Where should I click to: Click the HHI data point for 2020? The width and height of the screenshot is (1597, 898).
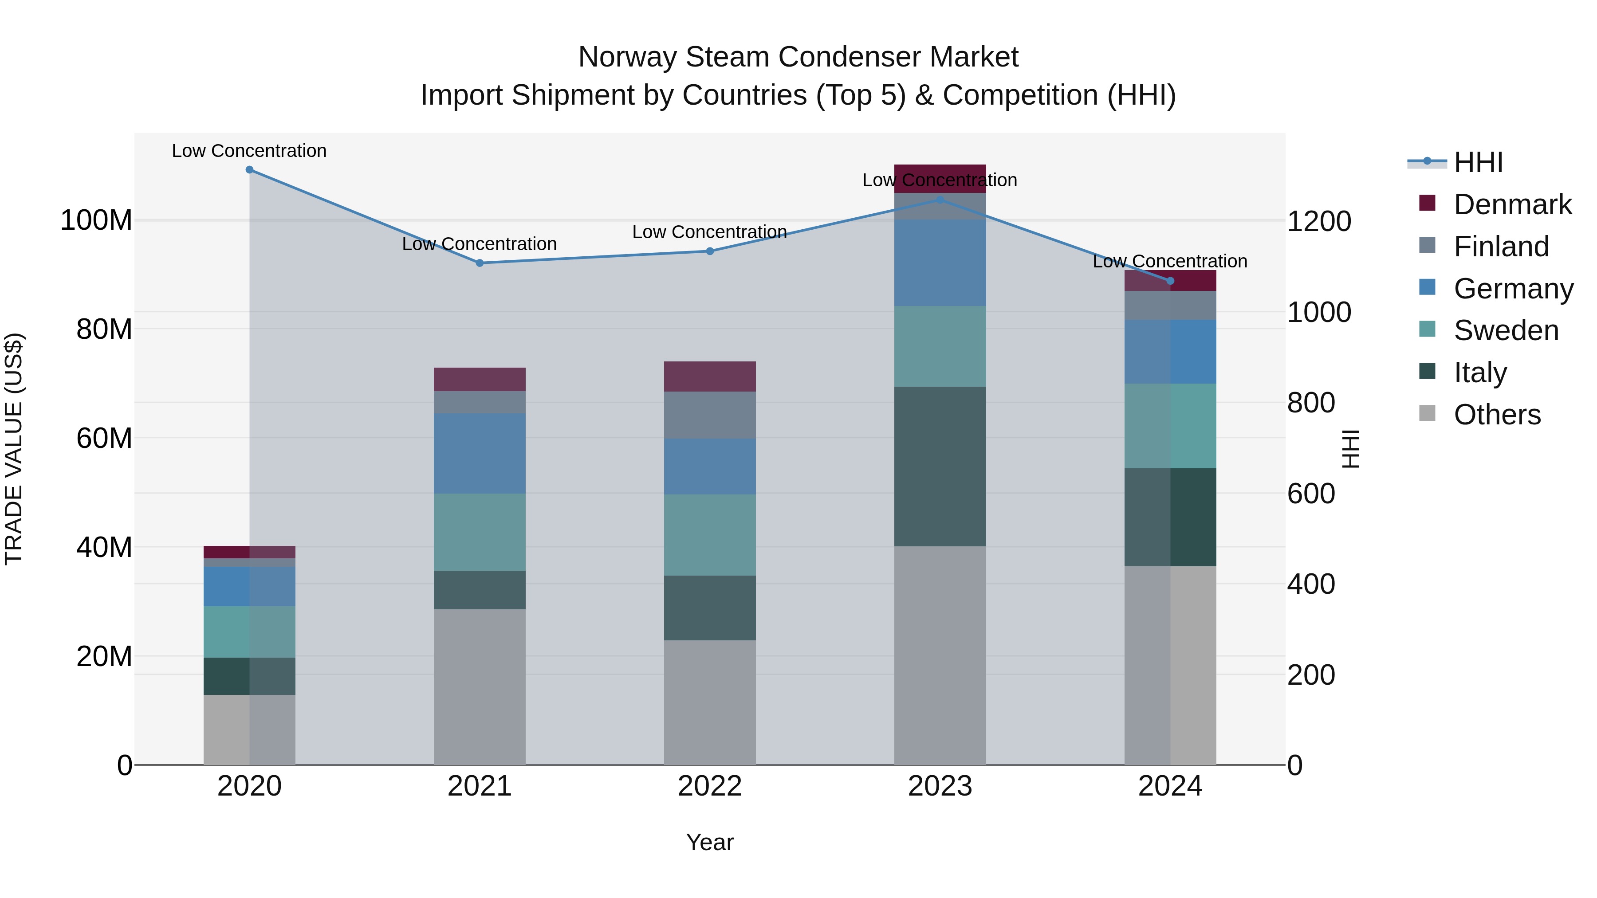pos(249,170)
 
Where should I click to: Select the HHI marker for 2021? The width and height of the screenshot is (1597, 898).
pos(479,263)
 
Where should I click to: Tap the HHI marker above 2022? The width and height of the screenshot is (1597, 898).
pos(710,251)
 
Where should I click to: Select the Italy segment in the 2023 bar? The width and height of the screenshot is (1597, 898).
pos(940,466)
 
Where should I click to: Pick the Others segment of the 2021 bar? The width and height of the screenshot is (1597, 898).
pos(479,686)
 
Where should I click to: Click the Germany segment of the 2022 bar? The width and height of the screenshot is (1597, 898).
pos(710,466)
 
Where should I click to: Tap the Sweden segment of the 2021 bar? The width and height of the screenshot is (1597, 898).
pos(479,532)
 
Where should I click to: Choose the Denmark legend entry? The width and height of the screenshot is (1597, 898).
pos(1512,204)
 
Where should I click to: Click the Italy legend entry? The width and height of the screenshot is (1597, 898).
pos(1480,373)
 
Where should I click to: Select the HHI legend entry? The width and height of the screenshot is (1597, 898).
pos(1478,162)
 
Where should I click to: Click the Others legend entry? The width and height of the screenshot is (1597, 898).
pos(1497,415)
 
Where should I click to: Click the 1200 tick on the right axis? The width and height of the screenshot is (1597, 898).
pos(1319,221)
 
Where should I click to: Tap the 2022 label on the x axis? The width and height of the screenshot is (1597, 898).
pos(710,786)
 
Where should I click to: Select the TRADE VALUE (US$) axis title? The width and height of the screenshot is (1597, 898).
pos(14,449)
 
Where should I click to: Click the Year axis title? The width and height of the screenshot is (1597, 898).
pos(710,842)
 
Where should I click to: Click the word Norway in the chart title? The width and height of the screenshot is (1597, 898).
pos(626,58)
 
